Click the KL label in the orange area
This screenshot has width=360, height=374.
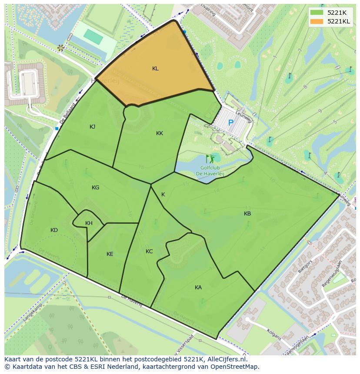(x=155, y=69)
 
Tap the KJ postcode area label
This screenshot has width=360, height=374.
(x=93, y=127)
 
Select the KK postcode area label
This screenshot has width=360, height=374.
(x=160, y=133)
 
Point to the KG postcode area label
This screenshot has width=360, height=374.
(x=96, y=188)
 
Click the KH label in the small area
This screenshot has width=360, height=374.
(x=89, y=223)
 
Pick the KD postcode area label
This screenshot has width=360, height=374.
(x=54, y=230)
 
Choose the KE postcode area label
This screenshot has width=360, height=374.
(x=110, y=254)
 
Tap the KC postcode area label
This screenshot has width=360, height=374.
(x=149, y=252)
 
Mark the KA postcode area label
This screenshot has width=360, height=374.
(x=198, y=288)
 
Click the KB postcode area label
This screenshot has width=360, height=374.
(x=247, y=214)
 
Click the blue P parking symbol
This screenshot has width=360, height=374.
(x=231, y=123)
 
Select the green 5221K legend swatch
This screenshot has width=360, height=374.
(x=317, y=13)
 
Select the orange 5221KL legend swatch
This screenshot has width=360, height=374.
(x=317, y=21)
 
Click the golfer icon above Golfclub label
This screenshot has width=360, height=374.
(x=210, y=159)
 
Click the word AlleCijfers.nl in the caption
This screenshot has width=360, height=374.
(x=226, y=360)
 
